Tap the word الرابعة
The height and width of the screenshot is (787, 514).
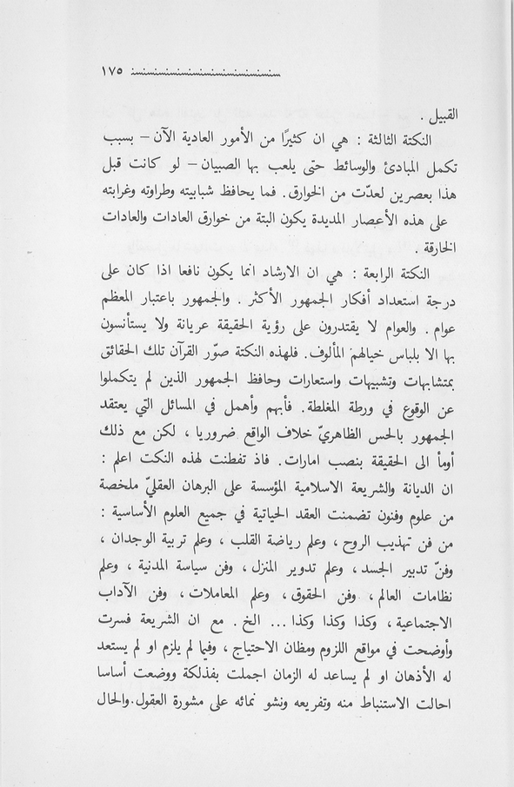pyautogui.click(x=377, y=275)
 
